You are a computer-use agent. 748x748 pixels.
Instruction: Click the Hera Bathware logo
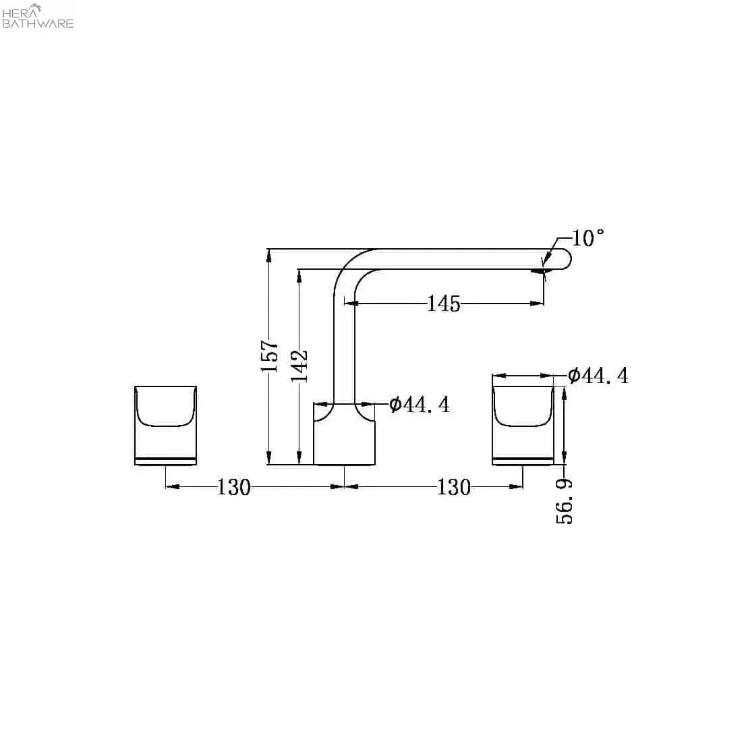(38, 16)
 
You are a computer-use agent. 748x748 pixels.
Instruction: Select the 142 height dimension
(299, 365)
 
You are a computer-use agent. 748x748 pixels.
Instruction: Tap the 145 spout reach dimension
(443, 304)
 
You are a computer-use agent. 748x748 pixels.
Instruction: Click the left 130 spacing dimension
(233, 486)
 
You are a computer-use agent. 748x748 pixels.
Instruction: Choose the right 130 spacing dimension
(453, 486)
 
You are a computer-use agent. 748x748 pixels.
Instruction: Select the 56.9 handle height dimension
(565, 501)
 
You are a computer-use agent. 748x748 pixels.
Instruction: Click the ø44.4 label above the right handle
(598, 376)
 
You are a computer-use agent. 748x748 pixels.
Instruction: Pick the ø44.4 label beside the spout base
(420, 405)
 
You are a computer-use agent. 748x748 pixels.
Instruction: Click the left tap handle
(165, 426)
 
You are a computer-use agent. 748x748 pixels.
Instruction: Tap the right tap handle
(523, 426)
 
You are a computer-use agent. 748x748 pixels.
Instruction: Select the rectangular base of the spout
(345, 435)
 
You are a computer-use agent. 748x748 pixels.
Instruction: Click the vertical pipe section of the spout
(345, 351)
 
